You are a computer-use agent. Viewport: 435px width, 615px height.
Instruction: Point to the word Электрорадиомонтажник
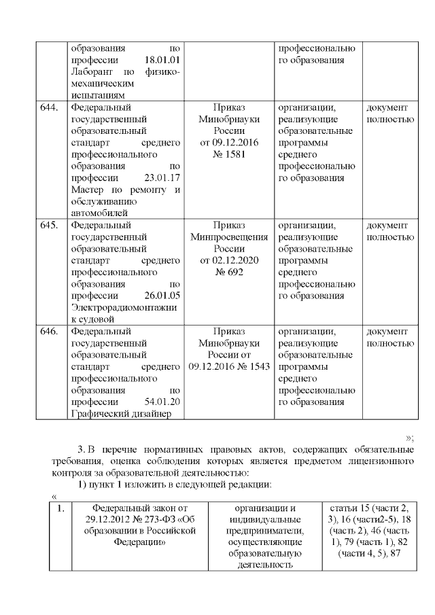coord(123,307)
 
